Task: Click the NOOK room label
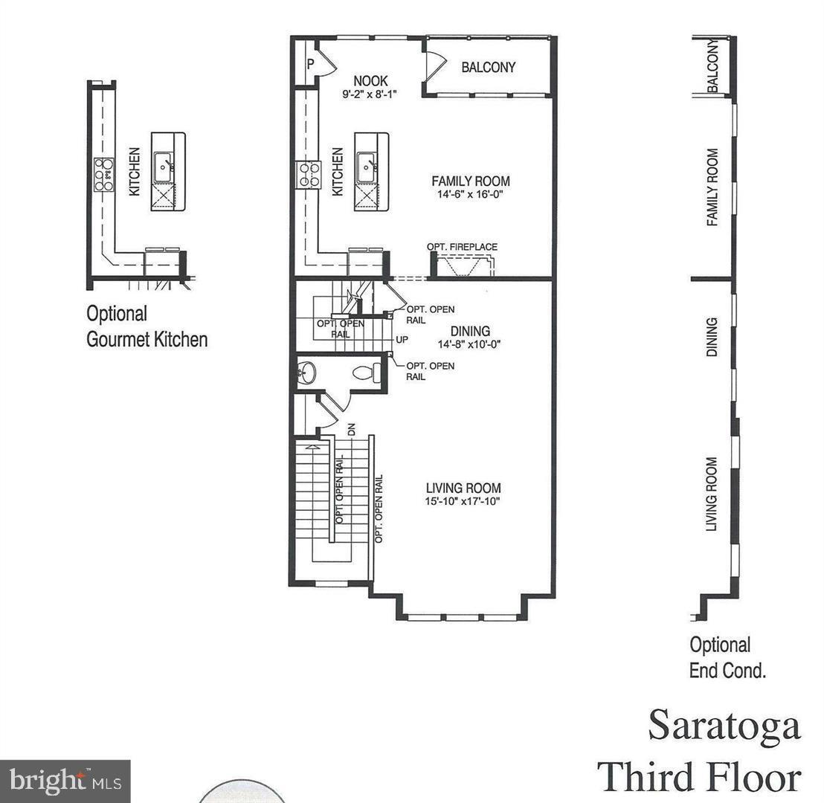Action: [x=370, y=81]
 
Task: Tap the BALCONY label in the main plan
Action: [x=488, y=67]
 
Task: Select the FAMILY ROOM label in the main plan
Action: [x=471, y=181]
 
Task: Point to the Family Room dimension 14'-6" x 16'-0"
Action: [x=471, y=195]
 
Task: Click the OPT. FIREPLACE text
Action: [x=462, y=247]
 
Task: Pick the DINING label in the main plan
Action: [x=470, y=331]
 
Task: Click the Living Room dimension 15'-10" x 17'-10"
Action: [x=463, y=502]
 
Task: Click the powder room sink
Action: [x=307, y=373]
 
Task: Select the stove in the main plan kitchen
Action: [x=309, y=175]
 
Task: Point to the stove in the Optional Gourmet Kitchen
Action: [x=104, y=175]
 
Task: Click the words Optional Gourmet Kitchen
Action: [x=147, y=326]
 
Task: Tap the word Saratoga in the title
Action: [x=724, y=725]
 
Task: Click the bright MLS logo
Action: [x=65, y=780]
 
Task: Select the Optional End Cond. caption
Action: [x=727, y=657]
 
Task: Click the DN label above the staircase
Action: [x=352, y=429]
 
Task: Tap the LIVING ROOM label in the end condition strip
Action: [x=712, y=494]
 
